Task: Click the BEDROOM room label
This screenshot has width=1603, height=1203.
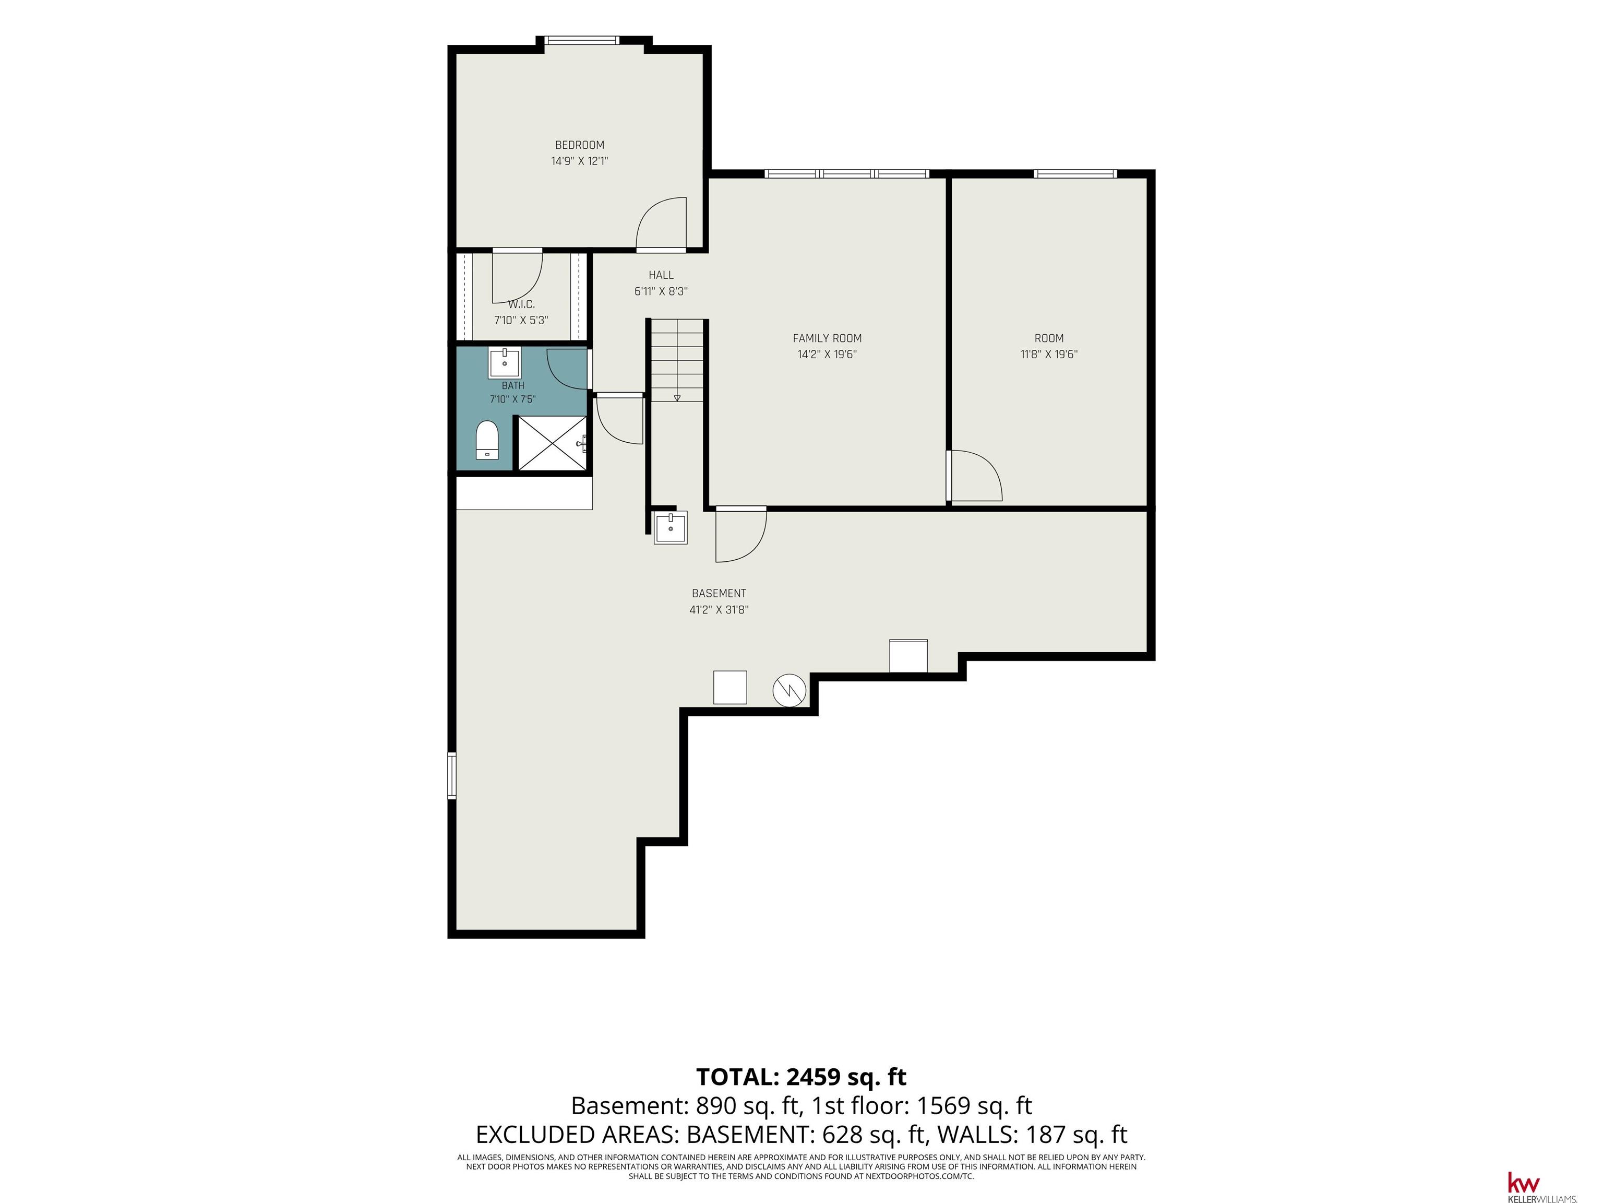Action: pos(579,145)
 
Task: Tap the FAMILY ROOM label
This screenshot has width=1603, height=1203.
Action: pos(827,338)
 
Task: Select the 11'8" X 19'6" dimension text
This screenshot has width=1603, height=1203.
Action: pos(1049,355)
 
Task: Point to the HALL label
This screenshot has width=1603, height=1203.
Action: pos(661,275)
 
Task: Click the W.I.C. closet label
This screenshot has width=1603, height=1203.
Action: pos(521,304)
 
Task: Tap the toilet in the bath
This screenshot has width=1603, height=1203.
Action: pos(487,440)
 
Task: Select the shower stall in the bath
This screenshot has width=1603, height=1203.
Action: pos(552,443)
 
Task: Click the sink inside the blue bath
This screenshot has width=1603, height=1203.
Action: pos(505,362)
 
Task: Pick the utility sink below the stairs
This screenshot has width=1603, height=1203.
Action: pos(671,527)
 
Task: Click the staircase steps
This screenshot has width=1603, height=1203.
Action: pos(677,360)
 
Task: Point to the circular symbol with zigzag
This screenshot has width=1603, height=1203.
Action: pos(789,690)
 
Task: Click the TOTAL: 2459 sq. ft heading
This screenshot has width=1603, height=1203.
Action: pos(801,1077)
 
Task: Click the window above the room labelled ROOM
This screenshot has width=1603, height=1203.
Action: pos(1075,174)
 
